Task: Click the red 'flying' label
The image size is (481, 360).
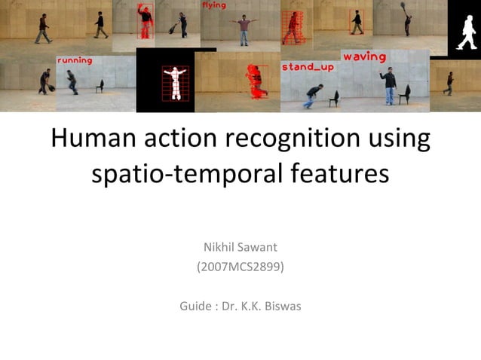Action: click(x=213, y=5)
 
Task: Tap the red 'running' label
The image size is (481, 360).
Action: click(x=75, y=60)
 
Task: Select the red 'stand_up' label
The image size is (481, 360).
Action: click(x=307, y=67)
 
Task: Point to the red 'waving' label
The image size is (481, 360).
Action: click(x=364, y=57)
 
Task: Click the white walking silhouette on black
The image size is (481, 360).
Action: click(x=464, y=29)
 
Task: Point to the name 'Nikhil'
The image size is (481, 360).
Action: click(x=219, y=247)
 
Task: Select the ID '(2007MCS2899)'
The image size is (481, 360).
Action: click(x=240, y=267)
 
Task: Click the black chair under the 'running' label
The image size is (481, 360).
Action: click(x=100, y=85)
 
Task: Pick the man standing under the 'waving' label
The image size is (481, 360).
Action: click(x=389, y=85)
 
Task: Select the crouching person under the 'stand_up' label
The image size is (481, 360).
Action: click(x=312, y=94)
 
